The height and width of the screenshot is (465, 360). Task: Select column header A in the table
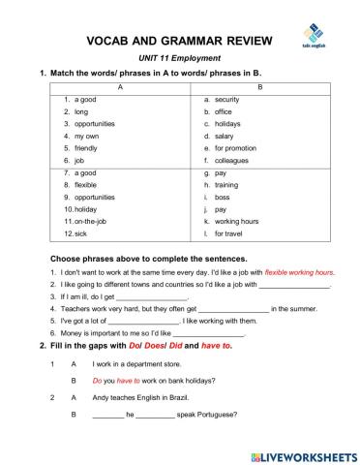click(x=120, y=87)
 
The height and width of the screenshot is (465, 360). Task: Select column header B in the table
click(x=258, y=87)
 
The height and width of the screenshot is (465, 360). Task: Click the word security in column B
click(x=226, y=100)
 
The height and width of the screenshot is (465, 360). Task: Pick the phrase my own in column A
click(x=86, y=137)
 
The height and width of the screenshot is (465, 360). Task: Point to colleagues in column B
click(x=232, y=161)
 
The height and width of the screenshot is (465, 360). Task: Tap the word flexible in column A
click(x=86, y=184)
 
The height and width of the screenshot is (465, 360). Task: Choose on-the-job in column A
click(x=92, y=221)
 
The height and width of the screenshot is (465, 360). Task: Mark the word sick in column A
click(x=82, y=233)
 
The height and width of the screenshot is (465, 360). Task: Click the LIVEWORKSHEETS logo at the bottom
click(x=301, y=454)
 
